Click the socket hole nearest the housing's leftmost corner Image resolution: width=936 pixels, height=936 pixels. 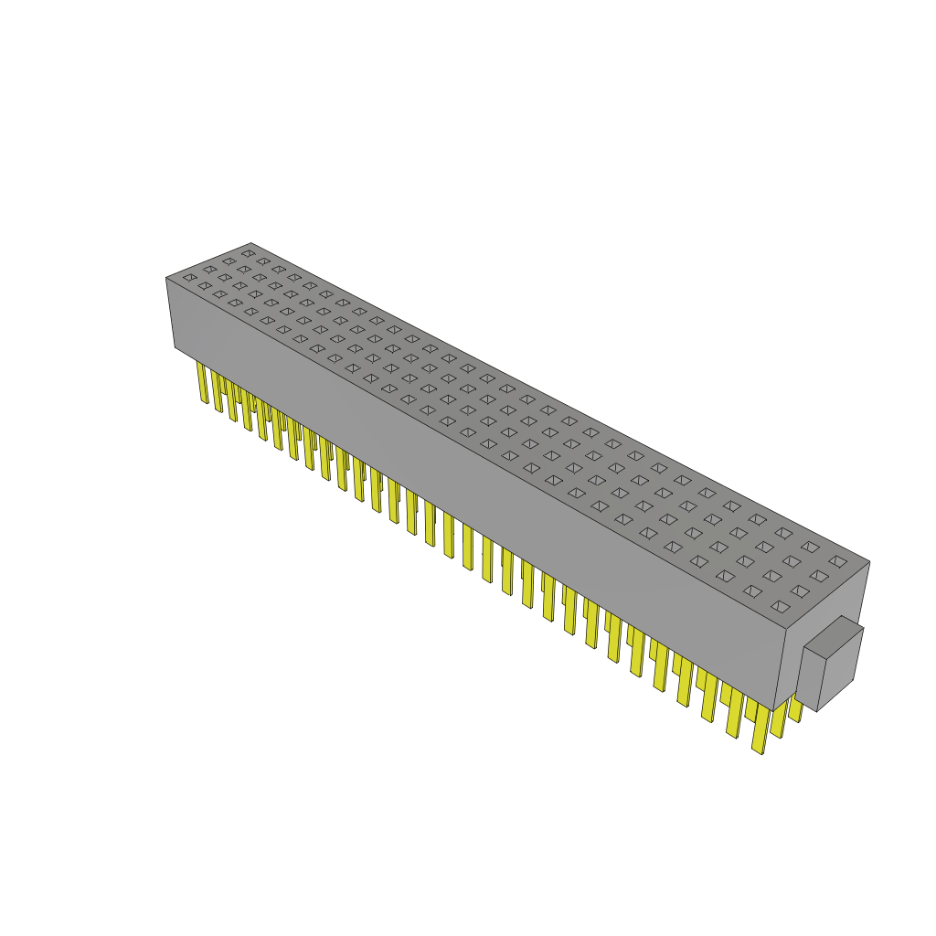pos(189,277)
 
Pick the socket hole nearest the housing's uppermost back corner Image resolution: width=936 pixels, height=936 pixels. pos(248,253)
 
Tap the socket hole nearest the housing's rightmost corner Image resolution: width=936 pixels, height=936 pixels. pos(837,561)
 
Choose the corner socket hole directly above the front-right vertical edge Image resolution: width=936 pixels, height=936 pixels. pos(779,606)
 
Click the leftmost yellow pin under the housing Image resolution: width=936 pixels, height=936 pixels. pos(202,382)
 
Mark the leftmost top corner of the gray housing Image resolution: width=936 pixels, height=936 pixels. pos(166,278)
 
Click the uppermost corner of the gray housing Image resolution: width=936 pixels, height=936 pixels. pos(250,243)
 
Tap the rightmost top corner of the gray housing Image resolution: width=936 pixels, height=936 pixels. pos(869,562)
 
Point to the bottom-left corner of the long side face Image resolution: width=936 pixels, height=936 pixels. pos(175,347)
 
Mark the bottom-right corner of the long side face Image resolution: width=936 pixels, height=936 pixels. pos(772,711)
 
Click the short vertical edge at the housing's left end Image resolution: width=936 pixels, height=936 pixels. pos(170,313)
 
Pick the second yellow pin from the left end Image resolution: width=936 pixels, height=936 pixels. pos(218,391)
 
